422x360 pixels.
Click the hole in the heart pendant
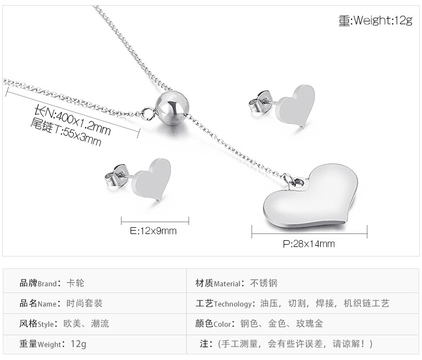[x=299, y=183]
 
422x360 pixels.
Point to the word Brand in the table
[x=48, y=283]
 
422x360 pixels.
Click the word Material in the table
[x=226, y=283]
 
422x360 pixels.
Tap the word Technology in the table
[x=233, y=304]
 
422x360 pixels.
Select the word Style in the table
[x=46, y=324]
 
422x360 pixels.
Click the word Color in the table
[x=222, y=324]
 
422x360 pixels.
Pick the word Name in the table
[x=47, y=304]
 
